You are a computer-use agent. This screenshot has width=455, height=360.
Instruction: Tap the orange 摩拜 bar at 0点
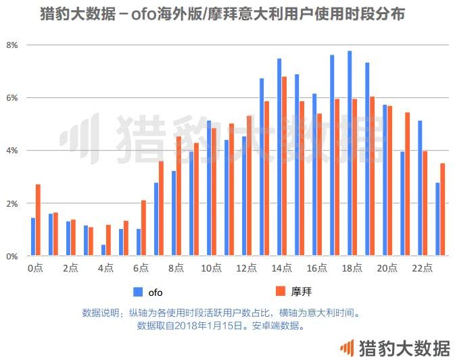click(x=39, y=220)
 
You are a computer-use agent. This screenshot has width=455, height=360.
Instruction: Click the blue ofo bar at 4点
click(x=103, y=250)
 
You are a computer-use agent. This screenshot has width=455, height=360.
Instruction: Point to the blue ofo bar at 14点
click(x=279, y=157)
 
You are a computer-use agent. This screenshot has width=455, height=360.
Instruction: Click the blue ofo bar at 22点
click(x=420, y=188)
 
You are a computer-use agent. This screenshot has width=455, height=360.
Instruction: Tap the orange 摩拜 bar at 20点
click(x=390, y=181)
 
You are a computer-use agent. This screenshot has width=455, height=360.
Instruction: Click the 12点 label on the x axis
click(x=247, y=268)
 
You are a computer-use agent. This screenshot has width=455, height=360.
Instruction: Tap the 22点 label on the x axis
click(x=423, y=268)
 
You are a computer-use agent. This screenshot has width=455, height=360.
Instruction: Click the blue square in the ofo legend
click(x=138, y=292)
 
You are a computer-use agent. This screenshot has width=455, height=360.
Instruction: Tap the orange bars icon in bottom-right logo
click(x=346, y=348)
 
